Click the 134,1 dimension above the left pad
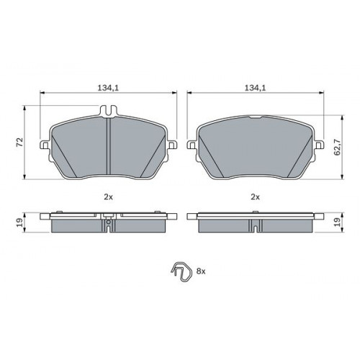[108, 88]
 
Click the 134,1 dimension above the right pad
[255, 88]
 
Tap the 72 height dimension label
[19, 142]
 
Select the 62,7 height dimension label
[337, 147]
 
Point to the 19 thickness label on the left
[19, 222]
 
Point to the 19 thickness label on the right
[337, 222]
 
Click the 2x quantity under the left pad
[108, 197]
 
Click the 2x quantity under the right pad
[255, 197]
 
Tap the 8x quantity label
[201, 271]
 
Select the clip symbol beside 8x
[181, 272]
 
